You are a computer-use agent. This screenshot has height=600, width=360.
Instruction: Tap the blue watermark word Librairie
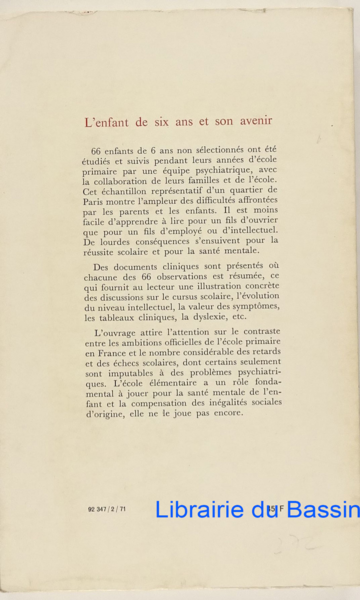pos(199,509)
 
